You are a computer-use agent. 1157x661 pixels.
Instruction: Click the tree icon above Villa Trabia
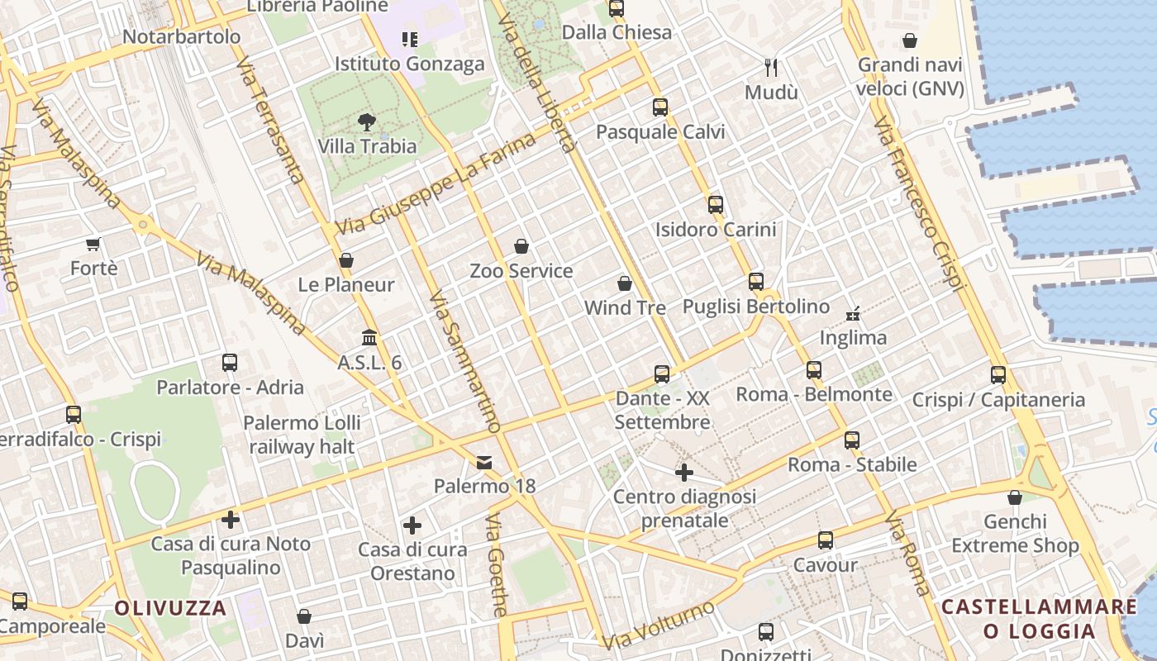tap(366, 123)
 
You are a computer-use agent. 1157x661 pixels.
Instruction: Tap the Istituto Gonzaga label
tap(409, 64)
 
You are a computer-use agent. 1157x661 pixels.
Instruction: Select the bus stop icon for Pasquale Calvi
tap(659, 107)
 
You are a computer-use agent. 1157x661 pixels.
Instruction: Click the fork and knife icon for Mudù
tap(771, 68)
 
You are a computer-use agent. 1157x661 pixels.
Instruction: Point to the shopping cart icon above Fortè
tap(93, 244)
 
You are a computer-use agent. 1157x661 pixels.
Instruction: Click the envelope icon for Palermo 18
tap(484, 463)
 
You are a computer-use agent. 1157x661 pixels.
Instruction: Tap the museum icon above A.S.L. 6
tap(369, 338)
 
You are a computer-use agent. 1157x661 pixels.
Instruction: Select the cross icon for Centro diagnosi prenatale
tap(683, 473)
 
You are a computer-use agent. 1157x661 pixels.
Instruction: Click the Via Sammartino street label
tap(465, 361)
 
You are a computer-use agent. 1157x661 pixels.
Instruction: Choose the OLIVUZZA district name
tap(170, 609)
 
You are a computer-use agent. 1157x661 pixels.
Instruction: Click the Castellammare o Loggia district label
tap(1039, 619)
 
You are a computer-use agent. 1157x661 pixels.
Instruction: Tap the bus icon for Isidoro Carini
tap(716, 205)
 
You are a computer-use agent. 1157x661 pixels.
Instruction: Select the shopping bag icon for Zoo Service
tap(521, 246)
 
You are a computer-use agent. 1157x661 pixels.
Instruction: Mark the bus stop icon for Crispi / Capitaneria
tap(998, 375)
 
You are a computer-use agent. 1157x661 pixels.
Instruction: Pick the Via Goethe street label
tap(497, 565)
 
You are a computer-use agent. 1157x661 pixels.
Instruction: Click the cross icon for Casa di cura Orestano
tap(412, 525)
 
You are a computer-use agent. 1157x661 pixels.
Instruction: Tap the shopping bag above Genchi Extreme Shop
tap(1015, 497)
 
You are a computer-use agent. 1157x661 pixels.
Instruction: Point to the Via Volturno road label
tap(658, 625)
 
